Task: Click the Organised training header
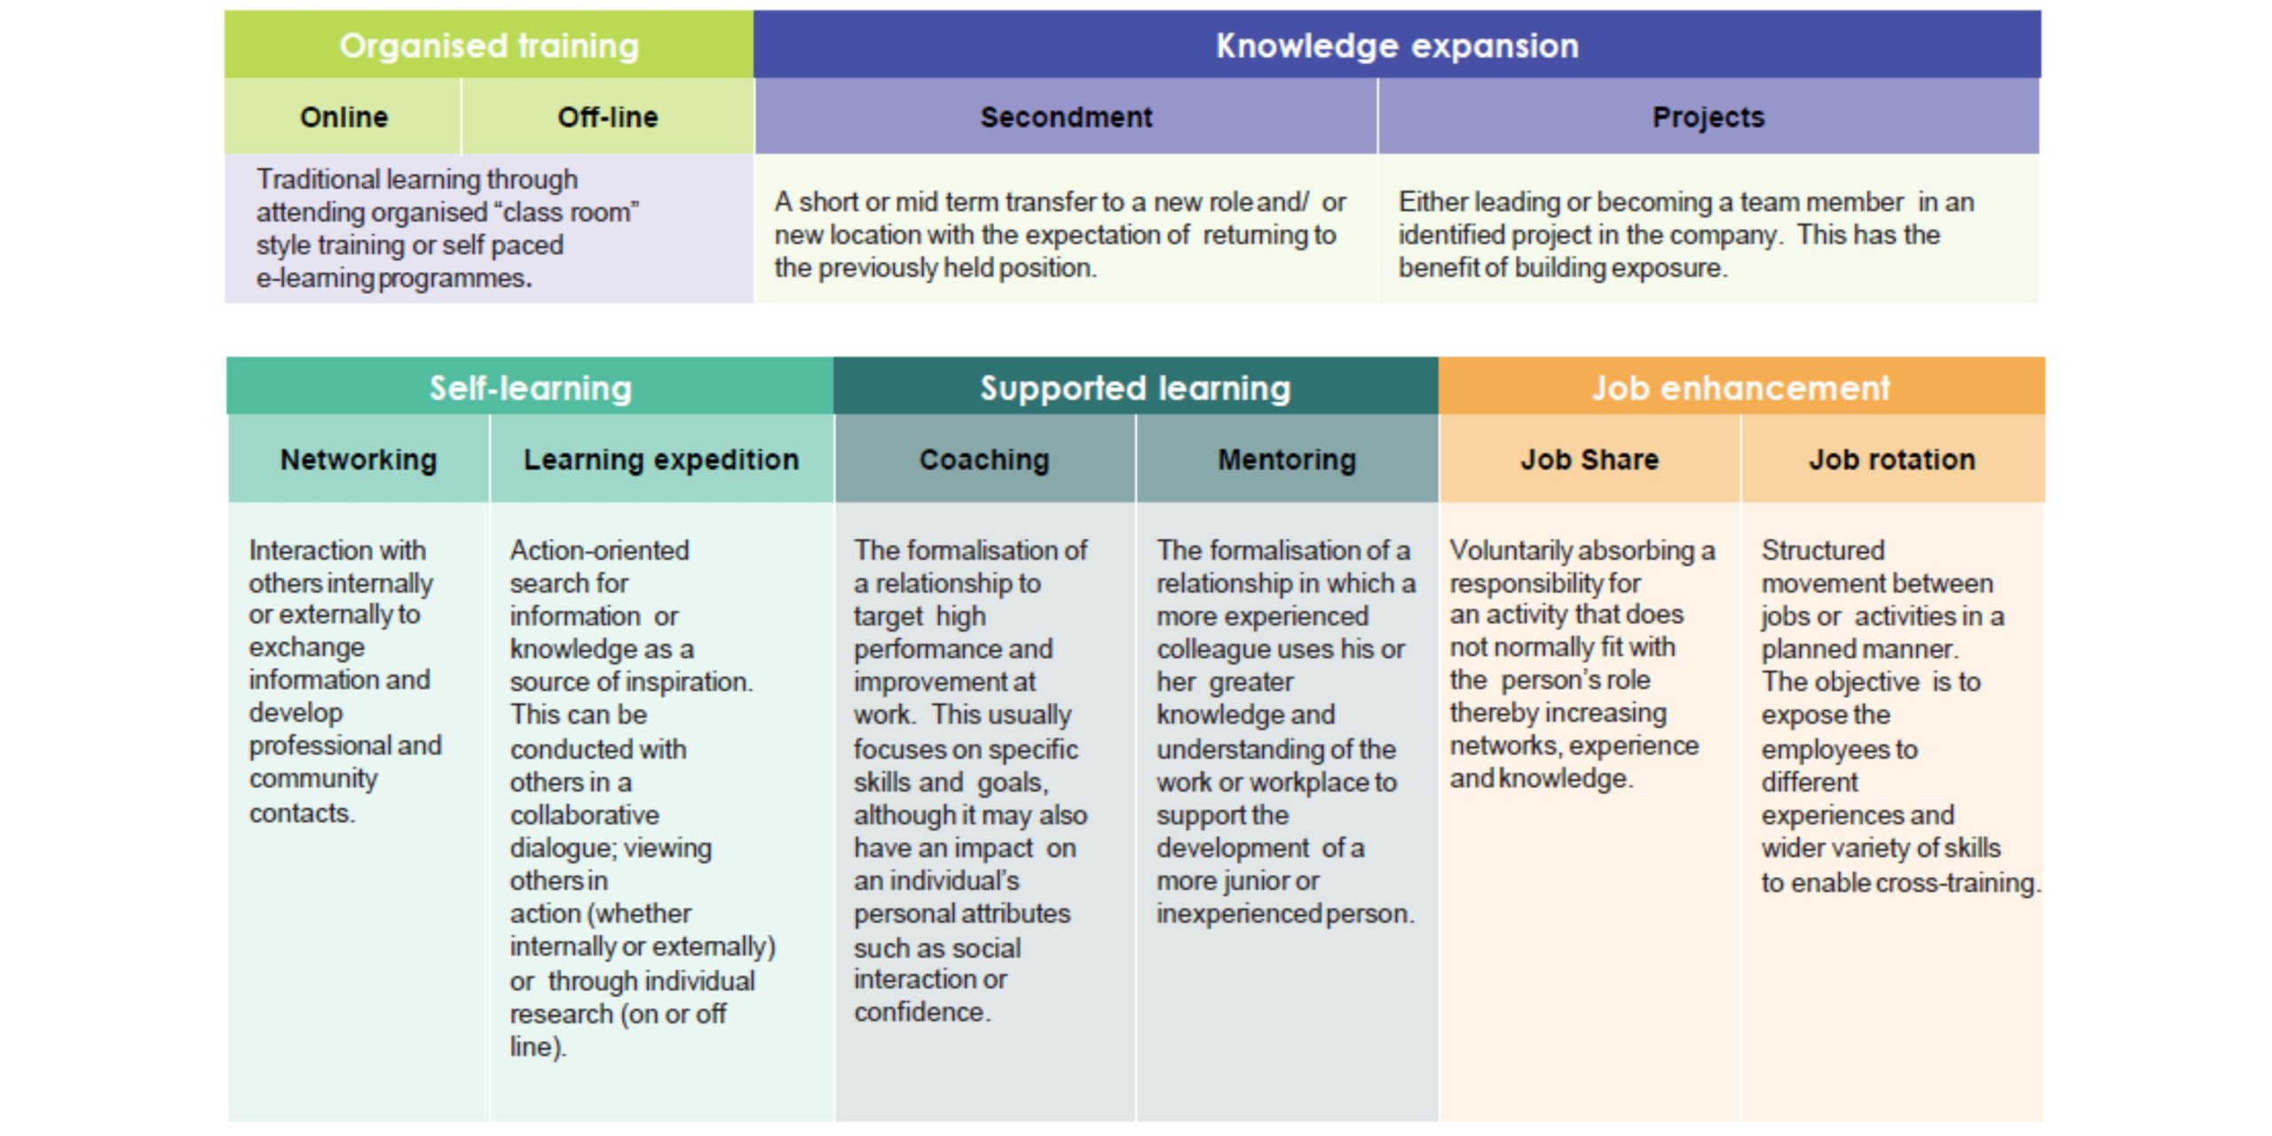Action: (489, 44)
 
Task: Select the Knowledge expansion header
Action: (1397, 44)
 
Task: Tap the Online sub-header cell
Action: (343, 116)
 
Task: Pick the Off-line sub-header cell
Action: (608, 116)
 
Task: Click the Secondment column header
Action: (1066, 116)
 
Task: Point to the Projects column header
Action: (1708, 116)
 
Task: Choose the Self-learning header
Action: (531, 387)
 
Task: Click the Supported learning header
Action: (1135, 387)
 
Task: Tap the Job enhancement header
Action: (1741, 387)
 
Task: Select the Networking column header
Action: (359, 459)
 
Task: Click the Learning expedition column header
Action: (661, 459)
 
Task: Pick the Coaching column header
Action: (984, 459)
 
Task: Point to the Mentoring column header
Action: (1287, 459)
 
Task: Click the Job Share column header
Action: (1590, 459)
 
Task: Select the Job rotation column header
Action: (1892, 459)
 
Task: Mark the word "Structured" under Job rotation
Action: (1823, 550)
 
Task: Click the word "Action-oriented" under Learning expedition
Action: (599, 550)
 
